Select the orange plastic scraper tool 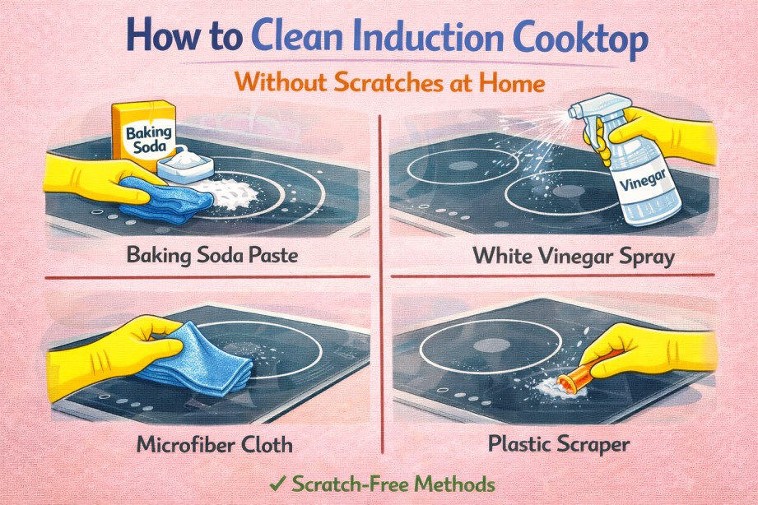[x=574, y=378]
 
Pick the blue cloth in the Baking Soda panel [x=161, y=197]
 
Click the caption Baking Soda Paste [x=212, y=256]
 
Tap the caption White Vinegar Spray [x=574, y=256]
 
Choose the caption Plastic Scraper [x=559, y=445]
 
